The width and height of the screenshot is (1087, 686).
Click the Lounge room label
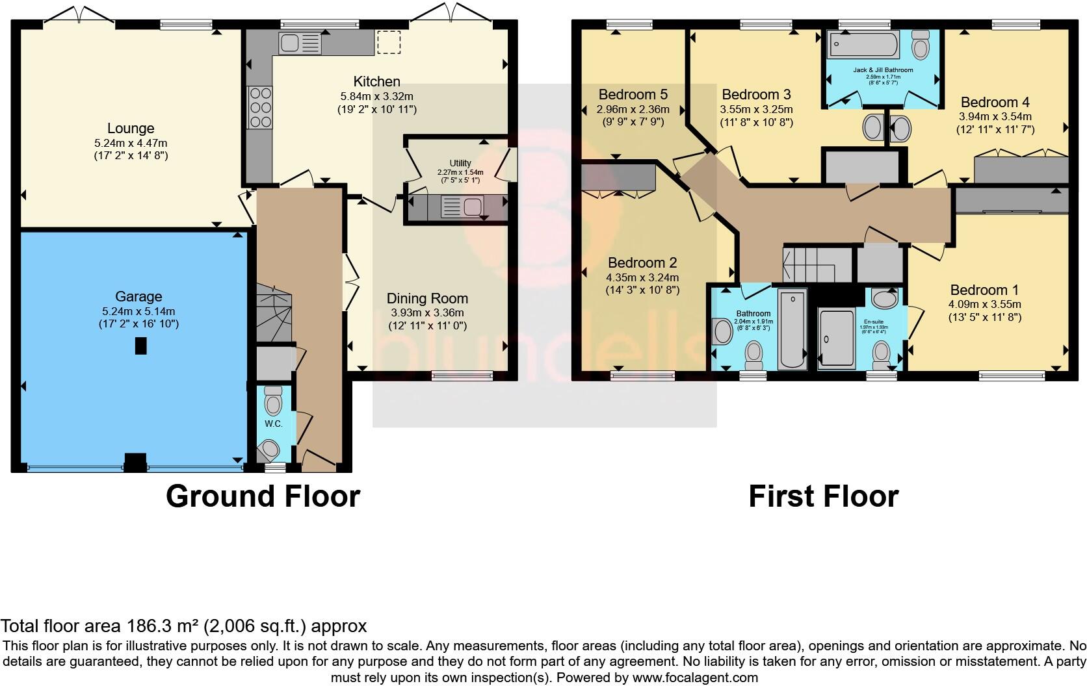pyautogui.click(x=131, y=129)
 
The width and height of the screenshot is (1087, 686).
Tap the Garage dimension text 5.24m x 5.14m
pyautogui.click(x=137, y=311)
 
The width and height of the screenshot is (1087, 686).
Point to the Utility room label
pyautogui.click(x=460, y=163)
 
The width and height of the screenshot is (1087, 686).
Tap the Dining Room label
pyautogui.click(x=427, y=298)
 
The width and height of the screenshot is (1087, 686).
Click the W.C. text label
pyautogui.click(x=273, y=424)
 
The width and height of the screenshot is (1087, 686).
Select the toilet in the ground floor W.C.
pyautogui.click(x=273, y=403)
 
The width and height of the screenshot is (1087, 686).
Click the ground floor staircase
pyautogui.click(x=273, y=314)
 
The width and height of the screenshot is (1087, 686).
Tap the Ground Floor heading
pyautogui.click(x=263, y=496)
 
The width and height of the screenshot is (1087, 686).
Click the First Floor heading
pyautogui.click(x=823, y=496)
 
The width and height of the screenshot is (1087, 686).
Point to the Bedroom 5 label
pyautogui.click(x=633, y=94)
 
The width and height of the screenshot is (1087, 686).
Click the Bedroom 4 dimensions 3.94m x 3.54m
pyautogui.click(x=995, y=117)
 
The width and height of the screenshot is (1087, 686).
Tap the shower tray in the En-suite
pyautogui.click(x=837, y=339)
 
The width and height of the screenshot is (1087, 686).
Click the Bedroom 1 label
pyautogui.click(x=984, y=290)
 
